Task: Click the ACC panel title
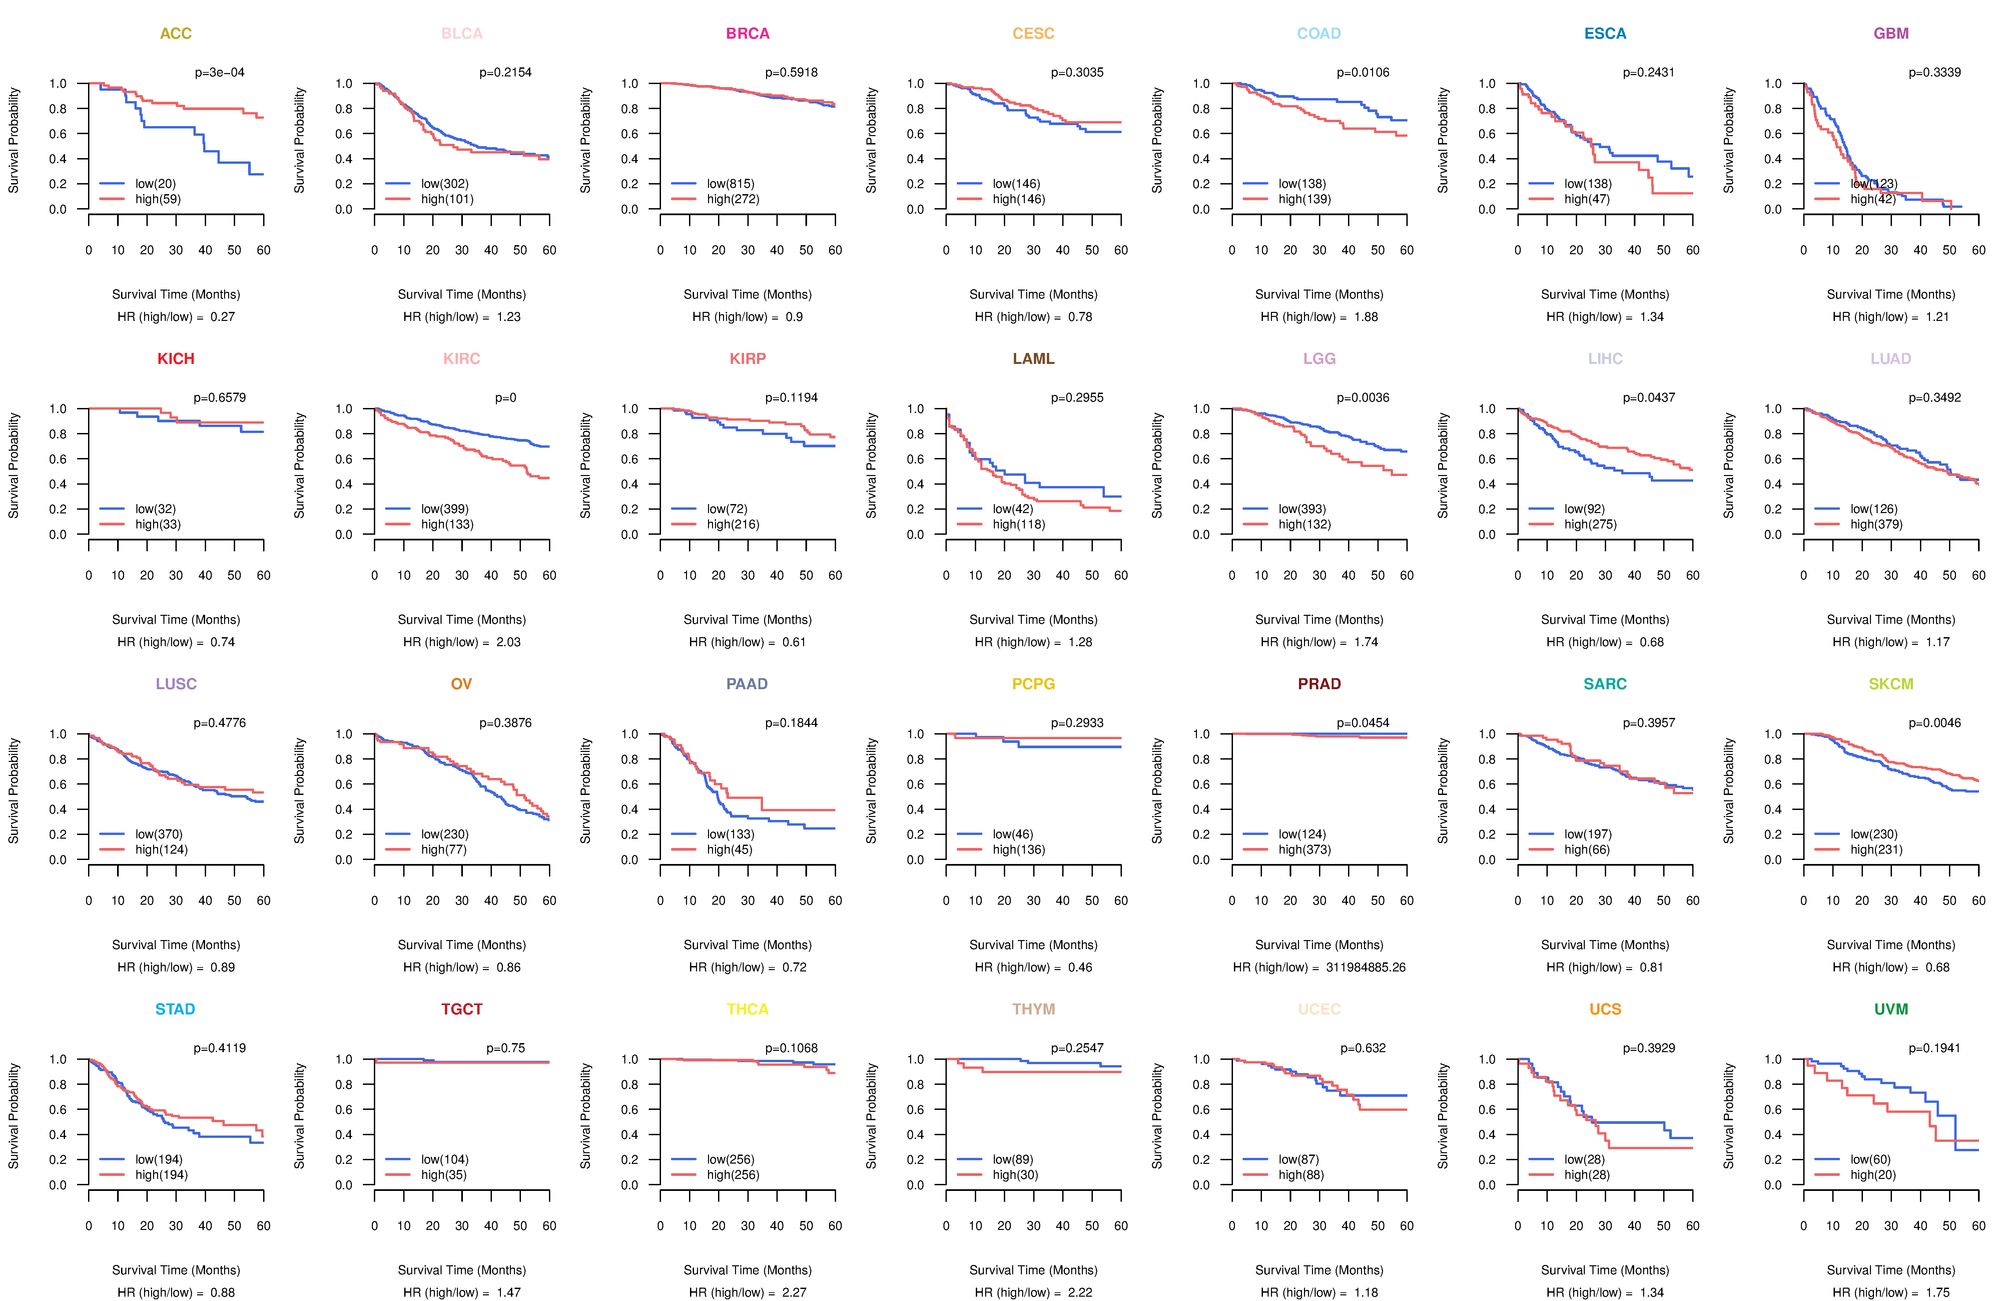176,34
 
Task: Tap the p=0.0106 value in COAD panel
1363,72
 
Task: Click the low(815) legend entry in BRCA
730,183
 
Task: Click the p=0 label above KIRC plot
505,398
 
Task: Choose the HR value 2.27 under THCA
794,1293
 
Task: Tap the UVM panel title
1891,1009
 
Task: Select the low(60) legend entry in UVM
1870,1159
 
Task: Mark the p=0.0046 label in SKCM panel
1935,723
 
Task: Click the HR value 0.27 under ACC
223,317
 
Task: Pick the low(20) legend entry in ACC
155,183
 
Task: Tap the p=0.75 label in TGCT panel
505,1048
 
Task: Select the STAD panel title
175,1009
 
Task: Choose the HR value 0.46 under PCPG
1080,967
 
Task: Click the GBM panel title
1891,34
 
